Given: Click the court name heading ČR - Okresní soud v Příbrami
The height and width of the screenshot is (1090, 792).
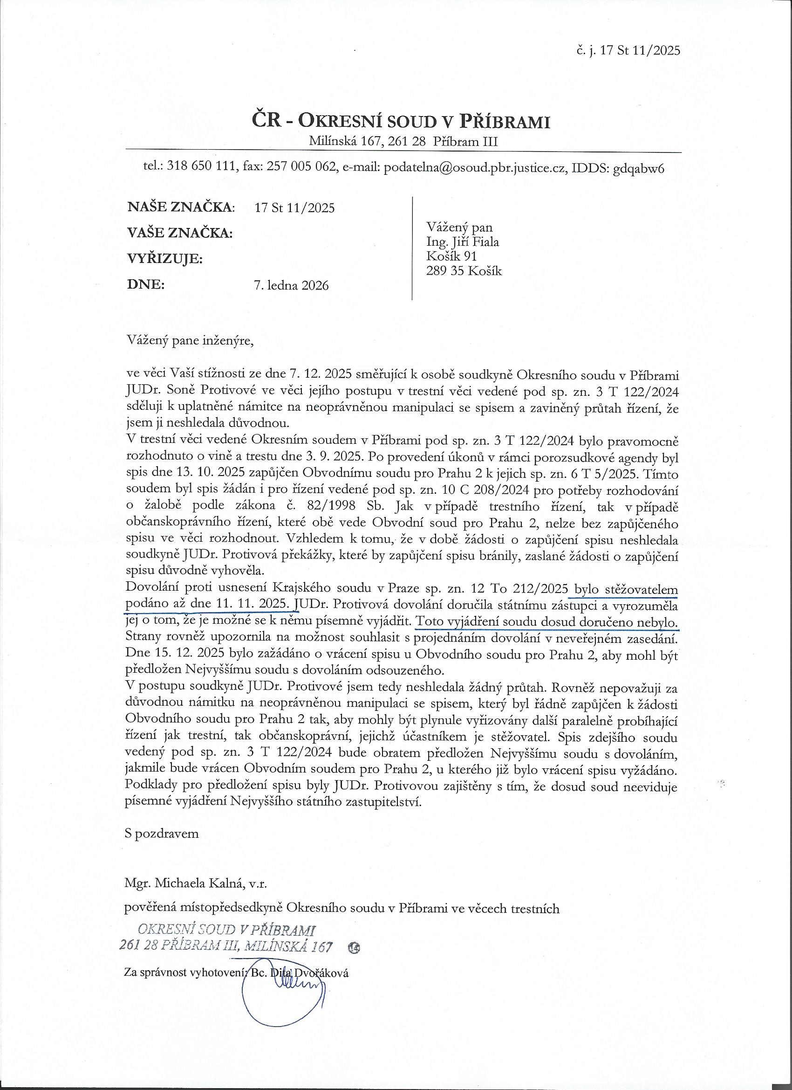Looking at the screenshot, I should click(401, 121).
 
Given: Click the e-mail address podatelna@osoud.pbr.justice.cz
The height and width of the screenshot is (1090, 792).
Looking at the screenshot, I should click(471, 168).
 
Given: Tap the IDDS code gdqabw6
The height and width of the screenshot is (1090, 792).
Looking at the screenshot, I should click(639, 168).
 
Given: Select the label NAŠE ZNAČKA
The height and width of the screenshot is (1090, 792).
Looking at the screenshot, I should click(181, 207).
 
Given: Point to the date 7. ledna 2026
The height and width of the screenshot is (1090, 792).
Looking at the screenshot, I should click(291, 285).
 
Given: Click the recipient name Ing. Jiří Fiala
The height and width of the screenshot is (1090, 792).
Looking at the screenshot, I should click(463, 242).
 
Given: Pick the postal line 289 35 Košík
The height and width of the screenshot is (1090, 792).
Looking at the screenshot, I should click(464, 271).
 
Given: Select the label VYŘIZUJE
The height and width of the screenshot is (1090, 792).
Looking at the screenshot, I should click(164, 259).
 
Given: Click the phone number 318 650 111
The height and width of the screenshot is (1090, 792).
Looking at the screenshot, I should click(201, 168).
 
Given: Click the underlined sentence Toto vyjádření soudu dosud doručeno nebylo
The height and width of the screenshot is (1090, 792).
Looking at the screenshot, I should click(547, 622).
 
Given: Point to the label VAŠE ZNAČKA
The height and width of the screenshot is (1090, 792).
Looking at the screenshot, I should click(180, 234).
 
